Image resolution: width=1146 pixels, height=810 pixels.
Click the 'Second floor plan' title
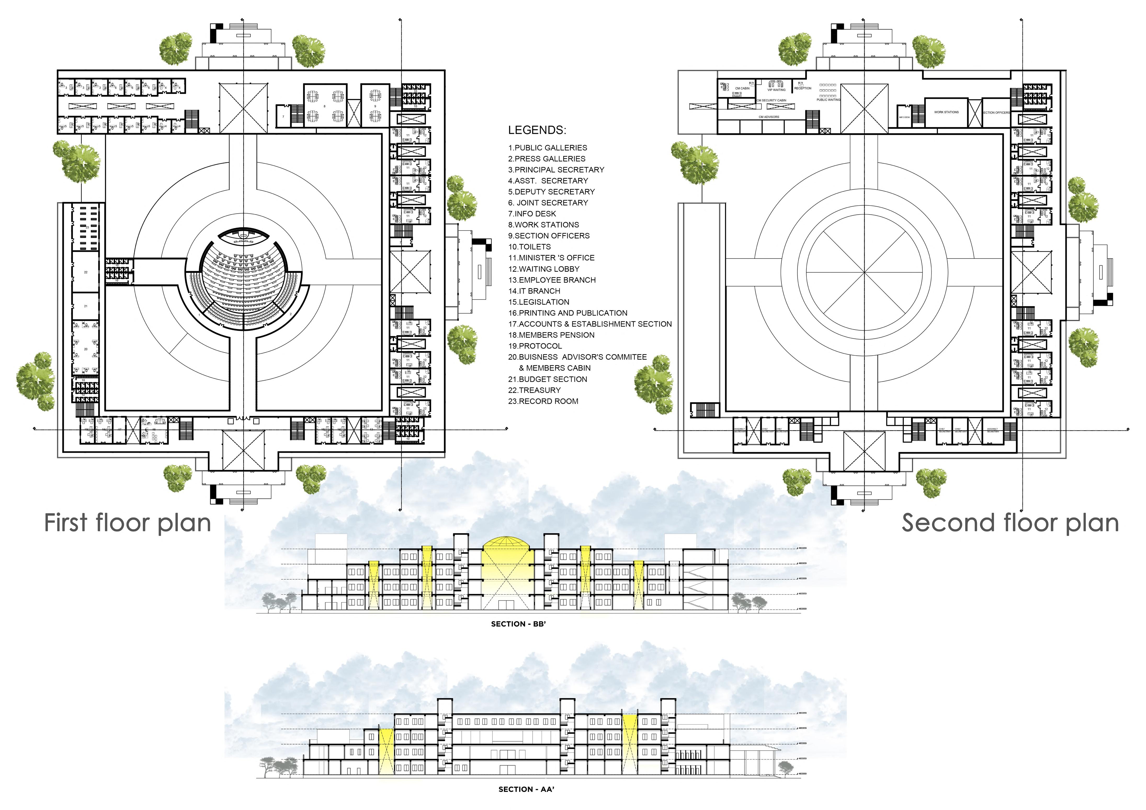[1010, 523]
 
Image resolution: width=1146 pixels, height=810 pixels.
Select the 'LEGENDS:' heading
[537, 130]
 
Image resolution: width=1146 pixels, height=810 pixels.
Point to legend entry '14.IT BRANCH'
[534, 291]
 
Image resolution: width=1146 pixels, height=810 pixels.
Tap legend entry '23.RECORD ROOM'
[543, 401]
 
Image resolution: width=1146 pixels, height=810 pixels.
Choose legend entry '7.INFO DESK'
[532, 214]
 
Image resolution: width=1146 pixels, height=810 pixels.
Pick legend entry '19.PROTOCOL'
[535, 346]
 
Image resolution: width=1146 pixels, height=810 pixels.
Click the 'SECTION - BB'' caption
[518, 624]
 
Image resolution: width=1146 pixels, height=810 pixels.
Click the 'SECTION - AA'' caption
[526, 790]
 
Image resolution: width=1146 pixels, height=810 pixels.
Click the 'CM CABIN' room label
[742, 88]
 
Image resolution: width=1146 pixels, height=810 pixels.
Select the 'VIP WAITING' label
[777, 90]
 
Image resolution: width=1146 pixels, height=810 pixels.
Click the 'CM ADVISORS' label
[769, 117]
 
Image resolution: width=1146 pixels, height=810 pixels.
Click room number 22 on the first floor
[86, 272]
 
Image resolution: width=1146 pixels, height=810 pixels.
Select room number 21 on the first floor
[86, 306]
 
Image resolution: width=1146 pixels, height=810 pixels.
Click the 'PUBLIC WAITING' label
[829, 100]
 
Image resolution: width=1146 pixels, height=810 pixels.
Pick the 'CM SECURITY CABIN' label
[772, 100]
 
